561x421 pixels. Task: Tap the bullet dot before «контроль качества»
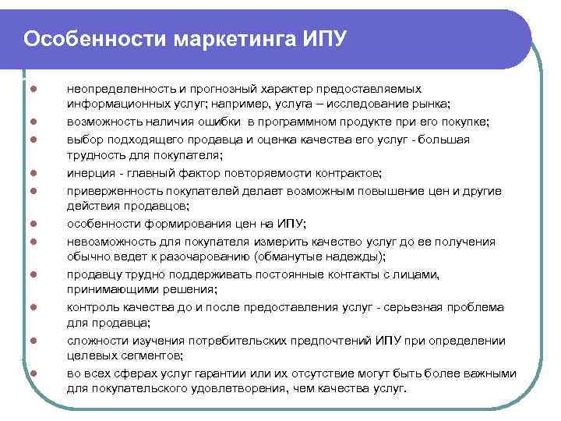(x=36, y=308)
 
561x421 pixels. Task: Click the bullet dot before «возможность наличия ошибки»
(x=36, y=123)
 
